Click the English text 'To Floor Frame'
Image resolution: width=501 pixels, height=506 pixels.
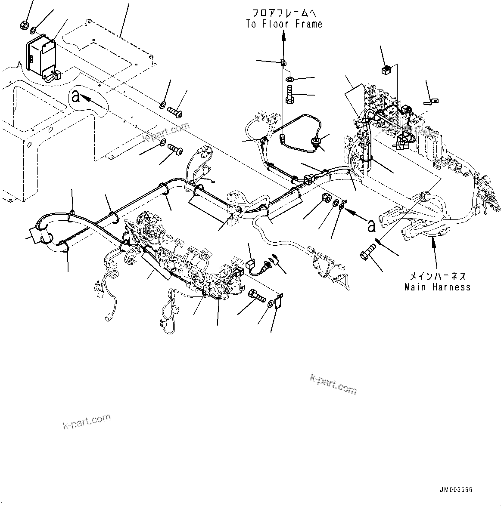(x=284, y=24)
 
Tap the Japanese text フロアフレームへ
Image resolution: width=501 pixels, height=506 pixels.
(x=284, y=13)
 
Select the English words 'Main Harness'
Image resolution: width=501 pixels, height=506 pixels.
(x=437, y=287)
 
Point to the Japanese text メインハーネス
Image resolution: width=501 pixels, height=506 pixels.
(x=437, y=276)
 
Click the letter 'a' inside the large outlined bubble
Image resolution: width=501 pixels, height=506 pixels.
(x=76, y=97)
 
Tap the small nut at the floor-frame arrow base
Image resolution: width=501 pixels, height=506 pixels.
(x=283, y=63)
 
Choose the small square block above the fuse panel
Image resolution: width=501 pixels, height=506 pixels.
(x=386, y=69)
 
